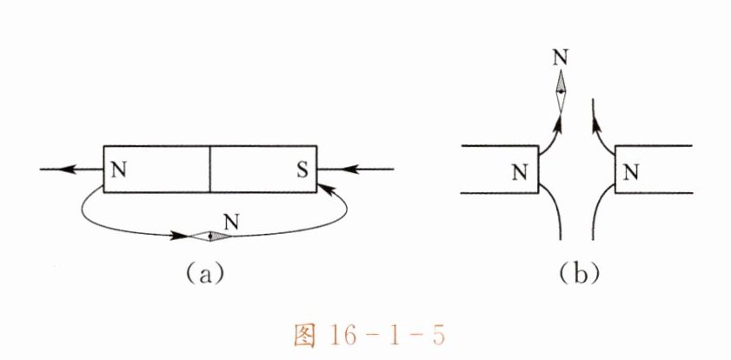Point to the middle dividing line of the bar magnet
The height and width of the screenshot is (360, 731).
coord(210,168)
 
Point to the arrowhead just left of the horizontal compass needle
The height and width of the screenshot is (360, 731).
coord(181,235)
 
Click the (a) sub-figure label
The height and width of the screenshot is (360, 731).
coord(205,275)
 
